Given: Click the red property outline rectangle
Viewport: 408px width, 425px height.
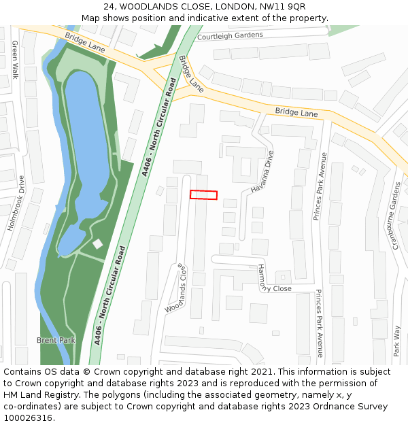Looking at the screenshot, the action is pyautogui.click(x=203, y=195).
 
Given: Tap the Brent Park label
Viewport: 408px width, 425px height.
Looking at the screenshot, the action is pyautogui.click(x=56, y=340).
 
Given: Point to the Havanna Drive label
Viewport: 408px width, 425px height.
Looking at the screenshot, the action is pyautogui.click(x=261, y=171).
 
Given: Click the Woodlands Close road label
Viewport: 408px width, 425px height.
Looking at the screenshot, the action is pyautogui.click(x=176, y=288).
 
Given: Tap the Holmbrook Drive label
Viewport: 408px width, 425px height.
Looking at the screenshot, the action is pyautogui.click(x=15, y=203).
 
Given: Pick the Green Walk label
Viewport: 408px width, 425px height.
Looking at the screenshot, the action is pyautogui.click(x=15, y=59).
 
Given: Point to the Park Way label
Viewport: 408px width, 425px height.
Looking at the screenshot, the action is pyautogui.click(x=397, y=341).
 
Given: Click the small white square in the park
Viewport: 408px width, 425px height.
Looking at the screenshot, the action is pyautogui.click(x=98, y=243).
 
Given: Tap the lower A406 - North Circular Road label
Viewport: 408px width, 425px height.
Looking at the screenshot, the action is pyautogui.click(x=111, y=295).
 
